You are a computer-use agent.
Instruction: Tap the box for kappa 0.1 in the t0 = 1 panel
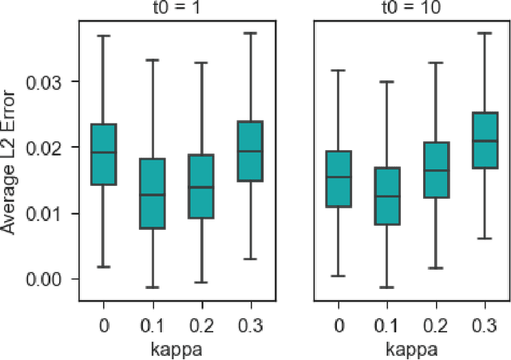(153, 193)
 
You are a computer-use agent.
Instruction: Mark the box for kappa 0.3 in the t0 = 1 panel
(250, 151)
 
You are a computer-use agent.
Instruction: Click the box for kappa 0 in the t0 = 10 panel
(339, 179)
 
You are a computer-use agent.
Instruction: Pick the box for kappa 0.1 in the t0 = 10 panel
(387, 196)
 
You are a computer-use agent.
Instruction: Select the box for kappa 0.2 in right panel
(436, 169)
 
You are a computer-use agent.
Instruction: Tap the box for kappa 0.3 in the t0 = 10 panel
(484, 140)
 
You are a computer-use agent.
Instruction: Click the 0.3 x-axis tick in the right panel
(484, 326)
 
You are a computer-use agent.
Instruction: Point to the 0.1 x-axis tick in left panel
(153, 326)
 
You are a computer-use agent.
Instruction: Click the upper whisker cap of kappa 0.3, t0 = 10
(484, 33)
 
